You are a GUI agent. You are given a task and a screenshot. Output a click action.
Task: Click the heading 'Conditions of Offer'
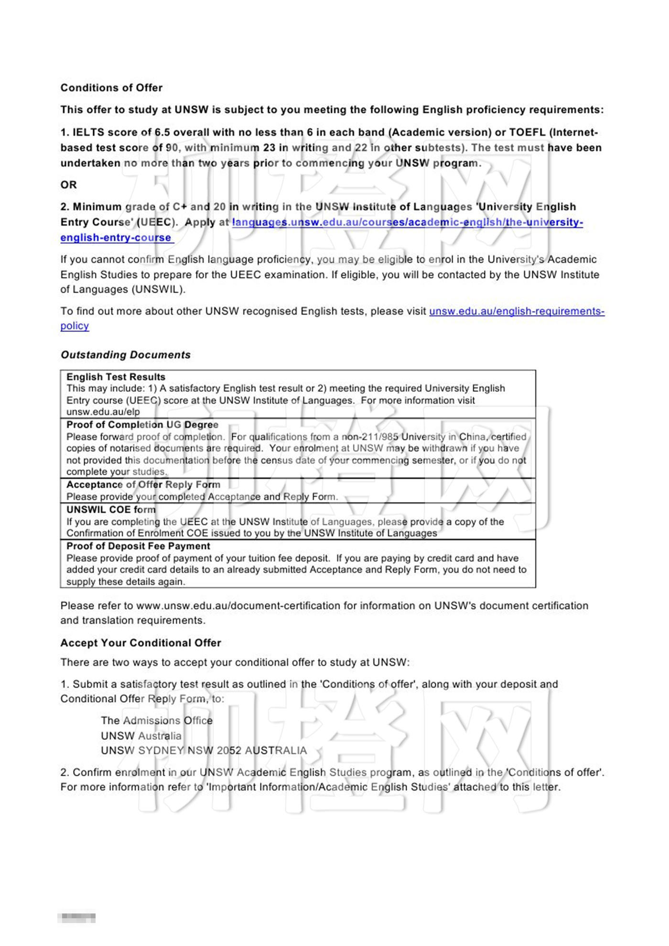[x=111, y=88]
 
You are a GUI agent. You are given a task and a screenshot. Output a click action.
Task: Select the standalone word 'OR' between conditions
[x=68, y=185]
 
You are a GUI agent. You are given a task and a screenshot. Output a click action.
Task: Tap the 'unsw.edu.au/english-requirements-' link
[x=517, y=311]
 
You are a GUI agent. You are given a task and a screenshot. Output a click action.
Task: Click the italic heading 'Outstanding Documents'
[x=125, y=355]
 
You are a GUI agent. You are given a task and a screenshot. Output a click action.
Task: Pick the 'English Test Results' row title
[x=116, y=377]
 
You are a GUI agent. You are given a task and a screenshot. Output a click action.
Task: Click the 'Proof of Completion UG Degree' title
[x=142, y=425]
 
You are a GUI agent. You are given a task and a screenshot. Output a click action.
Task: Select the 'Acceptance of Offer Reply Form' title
[x=143, y=484]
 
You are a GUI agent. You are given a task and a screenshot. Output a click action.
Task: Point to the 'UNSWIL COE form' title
[x=111, y=509]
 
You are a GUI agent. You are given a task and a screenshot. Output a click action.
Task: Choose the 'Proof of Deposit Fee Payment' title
[x=138, y=546]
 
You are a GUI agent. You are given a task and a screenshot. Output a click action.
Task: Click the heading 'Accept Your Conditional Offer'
[x=140, y=643]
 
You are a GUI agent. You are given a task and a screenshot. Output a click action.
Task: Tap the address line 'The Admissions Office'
[x=156, y=721]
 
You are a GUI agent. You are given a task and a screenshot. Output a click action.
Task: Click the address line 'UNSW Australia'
[x=141, y=736]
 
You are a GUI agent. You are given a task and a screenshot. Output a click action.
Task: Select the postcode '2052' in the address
[x=229, y=751]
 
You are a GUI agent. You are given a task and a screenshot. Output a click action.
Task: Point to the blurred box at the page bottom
[x=76, y=918]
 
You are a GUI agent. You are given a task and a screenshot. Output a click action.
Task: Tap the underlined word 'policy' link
[x=75, y=326]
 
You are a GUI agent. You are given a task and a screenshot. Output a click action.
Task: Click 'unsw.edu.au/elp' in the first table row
[x=103, y=412]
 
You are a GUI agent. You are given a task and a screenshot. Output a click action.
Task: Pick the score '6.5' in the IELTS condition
[x=162, y=132]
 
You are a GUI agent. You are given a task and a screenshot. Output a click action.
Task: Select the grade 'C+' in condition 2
[x=180, y=207]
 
